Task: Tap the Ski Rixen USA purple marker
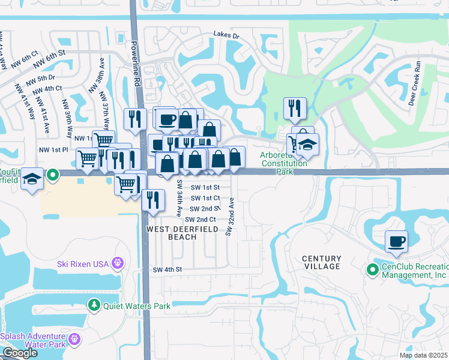click(117, 263)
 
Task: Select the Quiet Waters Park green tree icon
click(94, 306)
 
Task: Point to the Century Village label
click(322, 262)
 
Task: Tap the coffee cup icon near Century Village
click(396, 242)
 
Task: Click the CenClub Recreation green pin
click(372, 271)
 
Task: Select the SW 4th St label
click(167, 270)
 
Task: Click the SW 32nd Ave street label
click(229, 218)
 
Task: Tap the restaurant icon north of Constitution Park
click(295, 108)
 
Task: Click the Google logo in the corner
click(19, 353)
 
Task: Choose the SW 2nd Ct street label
click(200, 220)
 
